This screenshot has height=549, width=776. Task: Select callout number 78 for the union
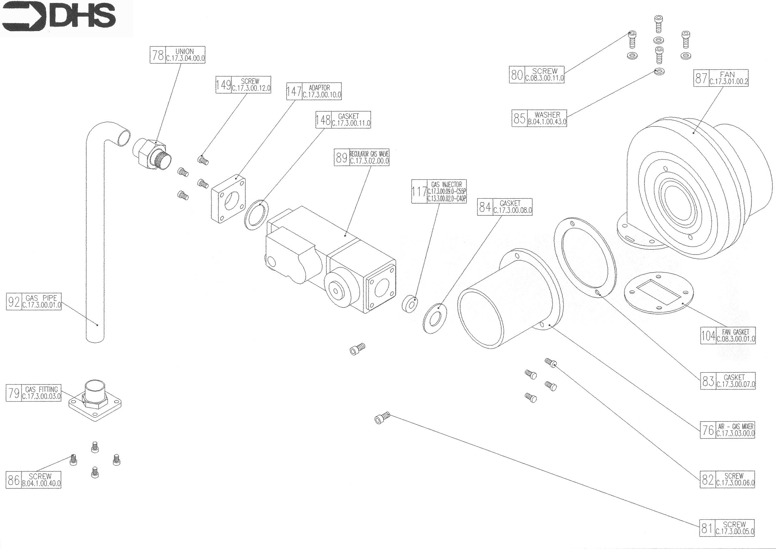click(x=158, y=55)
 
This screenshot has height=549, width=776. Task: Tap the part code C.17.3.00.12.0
click(x=251, y=88)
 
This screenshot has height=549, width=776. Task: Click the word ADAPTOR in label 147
click(x=320, y=88)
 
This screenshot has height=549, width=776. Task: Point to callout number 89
click(x=341, y=157)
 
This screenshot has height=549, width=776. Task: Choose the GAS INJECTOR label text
click(x=446, y=185)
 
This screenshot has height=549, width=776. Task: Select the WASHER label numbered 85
click(x=547, y=115)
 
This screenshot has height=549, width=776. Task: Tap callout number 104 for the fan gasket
click(x=708, y=336)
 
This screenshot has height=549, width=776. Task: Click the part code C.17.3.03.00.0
click(x=735, y=434)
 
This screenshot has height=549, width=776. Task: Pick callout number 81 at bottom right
click(x=707, y=537)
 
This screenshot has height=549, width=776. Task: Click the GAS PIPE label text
click(x=41, y=298)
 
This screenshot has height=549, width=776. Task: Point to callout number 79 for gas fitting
click(x=14, y=393)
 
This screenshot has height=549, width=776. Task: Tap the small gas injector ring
click(x=409, y=304)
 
